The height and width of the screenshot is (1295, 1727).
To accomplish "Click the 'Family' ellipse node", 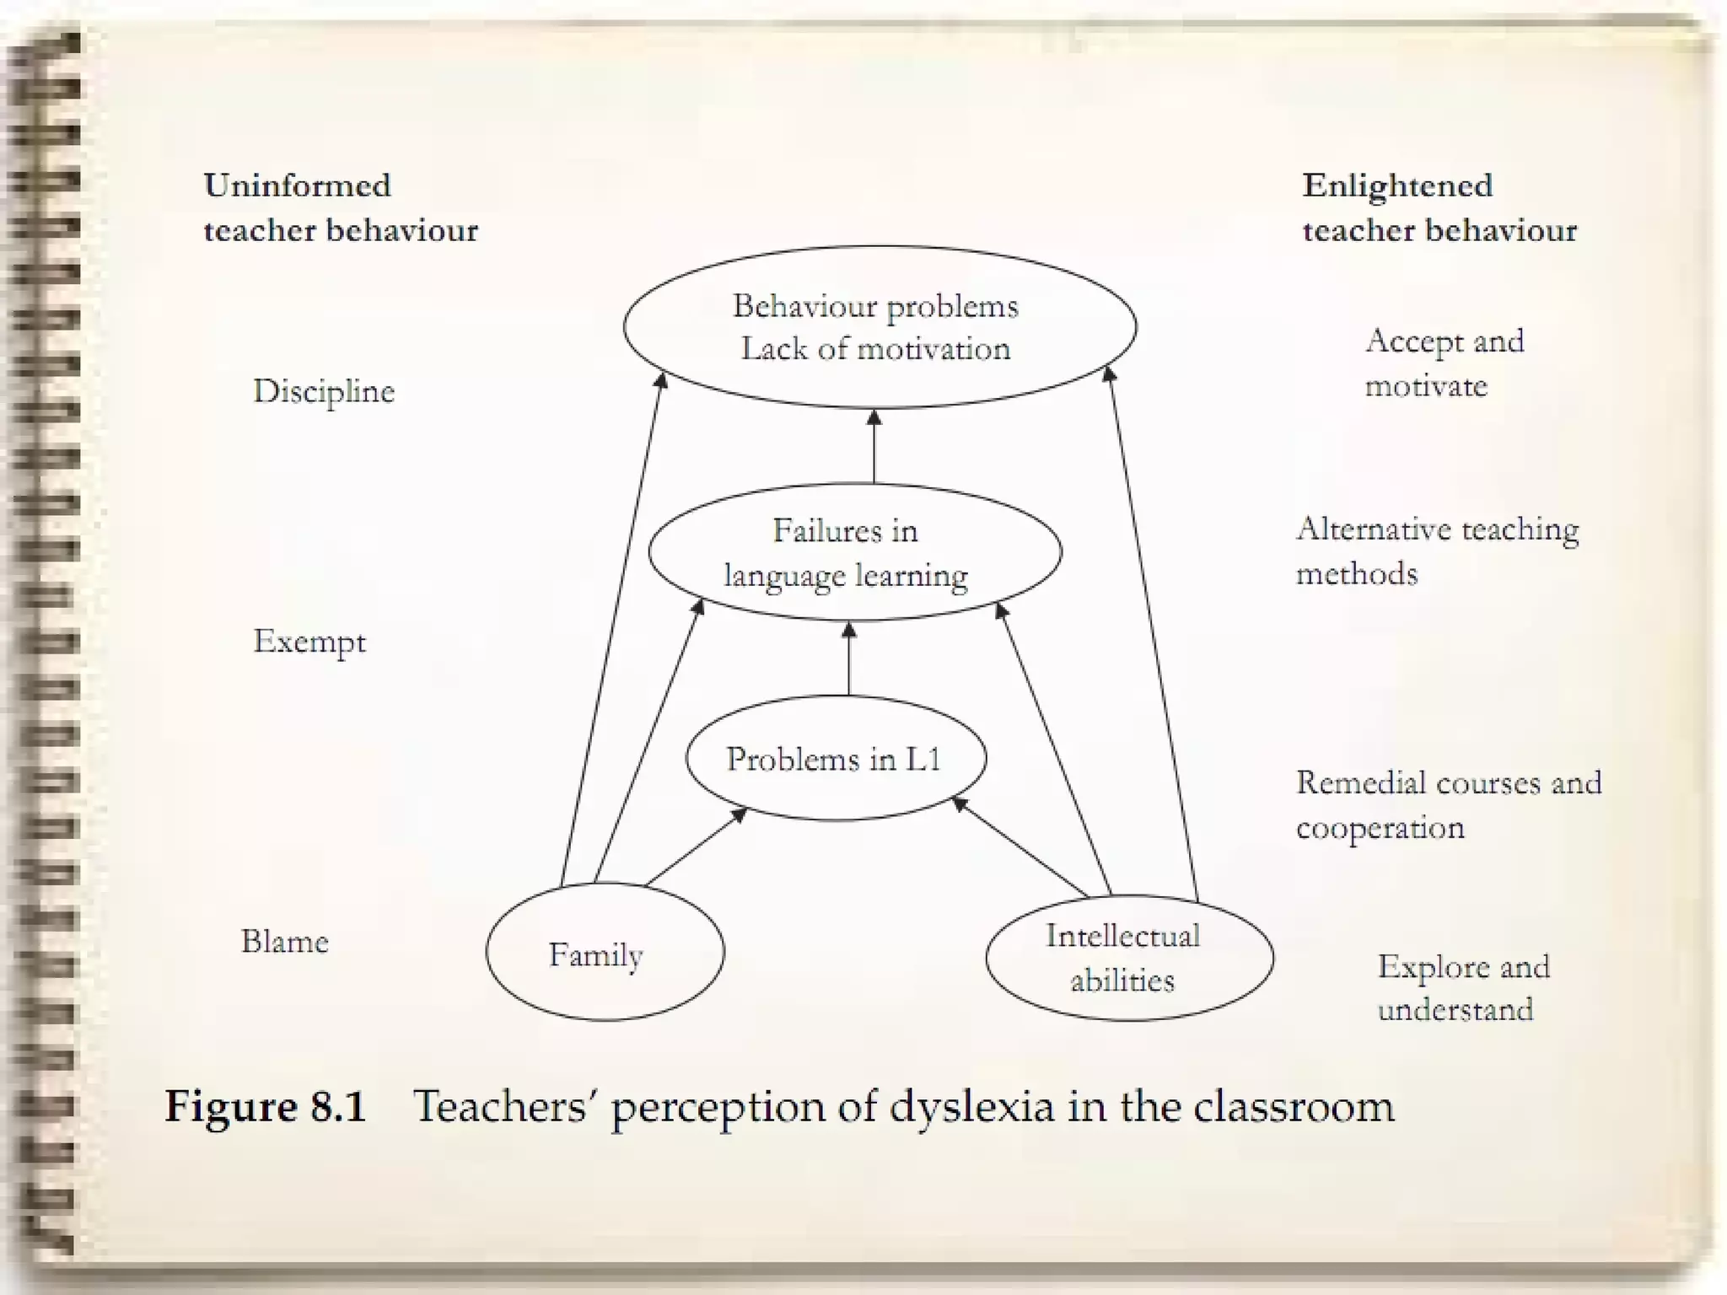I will pyautogui.click(x=604, y=953).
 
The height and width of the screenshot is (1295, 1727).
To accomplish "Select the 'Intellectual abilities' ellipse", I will pyautogui.click(x=1129, y=958).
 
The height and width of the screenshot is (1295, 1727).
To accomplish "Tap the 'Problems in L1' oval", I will pyautogui.click(x=835, y=758).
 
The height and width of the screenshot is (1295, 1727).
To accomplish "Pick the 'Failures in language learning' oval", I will pyautogui.click(x=853, y=552).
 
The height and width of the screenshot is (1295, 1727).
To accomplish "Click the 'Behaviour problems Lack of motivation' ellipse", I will pyautogui.click(x=879, y=327).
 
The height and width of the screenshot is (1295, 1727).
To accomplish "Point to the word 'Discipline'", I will pyautogui.click(x=324, y=391).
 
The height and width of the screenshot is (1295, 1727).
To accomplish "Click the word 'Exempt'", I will pyautogui.click(x=309, y=642).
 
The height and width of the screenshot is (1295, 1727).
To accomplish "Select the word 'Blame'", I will pyautogui.click(x=284, y=941).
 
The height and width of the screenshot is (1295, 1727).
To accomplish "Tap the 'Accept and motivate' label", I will pyautogui.click(x=1444, y=363).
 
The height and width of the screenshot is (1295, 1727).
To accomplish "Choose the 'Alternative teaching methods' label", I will pyautogui.click(x=1436, y=551).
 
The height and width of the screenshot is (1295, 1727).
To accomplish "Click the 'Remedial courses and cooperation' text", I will pyautogui.click(x=1448, y=804).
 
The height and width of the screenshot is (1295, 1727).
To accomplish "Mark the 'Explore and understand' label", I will pyautogui.click(x=1463, y=987).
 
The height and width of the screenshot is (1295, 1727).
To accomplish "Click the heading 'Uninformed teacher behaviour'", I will pyautogui.click(x=340, y=207).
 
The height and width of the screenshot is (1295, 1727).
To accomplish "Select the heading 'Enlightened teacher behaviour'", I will pyautogui.click(x=1439, y=207).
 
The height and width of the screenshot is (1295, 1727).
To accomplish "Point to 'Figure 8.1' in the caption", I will pyautogui.click(x=266, y=1105).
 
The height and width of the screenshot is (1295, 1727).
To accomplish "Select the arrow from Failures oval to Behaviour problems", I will pyautogui.click(x=874, y=446).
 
